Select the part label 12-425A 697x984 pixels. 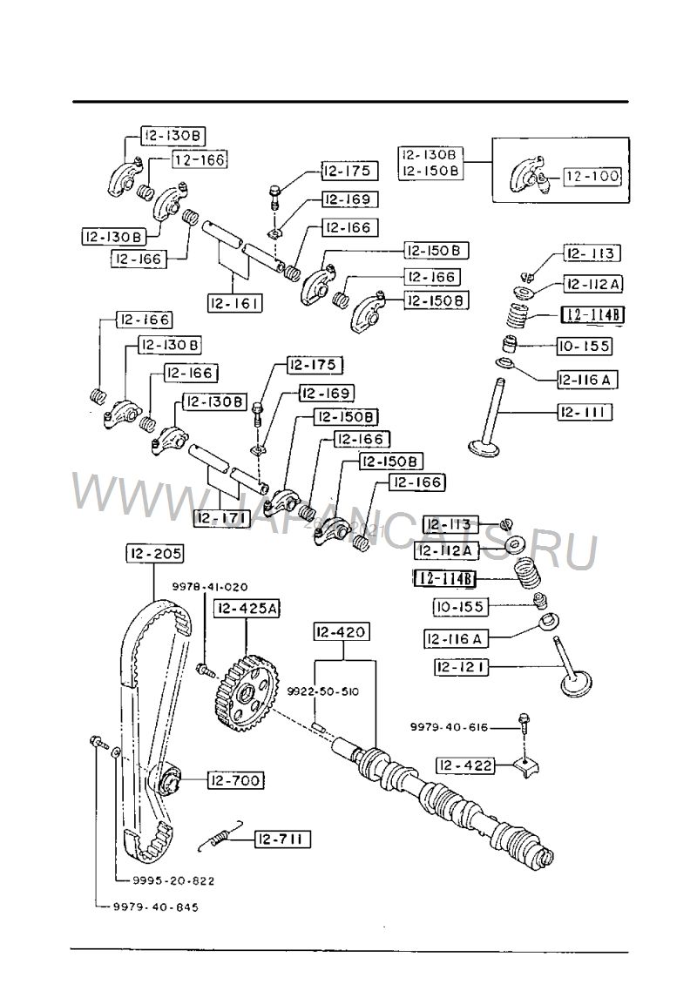pos(247,609)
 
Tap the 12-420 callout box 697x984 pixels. pos(341,630)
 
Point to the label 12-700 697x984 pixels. pos(234,780)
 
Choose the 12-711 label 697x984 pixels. pos(282,839)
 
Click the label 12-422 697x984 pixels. pos(465,765)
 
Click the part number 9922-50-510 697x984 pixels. pos(323,691)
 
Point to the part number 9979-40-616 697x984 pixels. pos(449,727)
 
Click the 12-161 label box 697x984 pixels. pos(235,303)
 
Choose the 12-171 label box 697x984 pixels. pos(221,518)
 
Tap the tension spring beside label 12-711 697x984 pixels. pos(221,836)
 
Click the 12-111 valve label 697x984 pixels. pos(585,411)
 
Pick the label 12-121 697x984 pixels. pos(462,667)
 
